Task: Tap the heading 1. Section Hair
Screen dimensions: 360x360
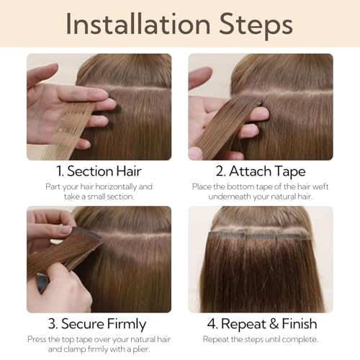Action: click(99, 172)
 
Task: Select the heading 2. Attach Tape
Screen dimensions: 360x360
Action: click(260, 172)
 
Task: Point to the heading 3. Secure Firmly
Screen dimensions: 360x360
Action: click(99, 323)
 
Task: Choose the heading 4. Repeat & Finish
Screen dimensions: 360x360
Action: click(260, 323)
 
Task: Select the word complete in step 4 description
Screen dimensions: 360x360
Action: click(299, 338)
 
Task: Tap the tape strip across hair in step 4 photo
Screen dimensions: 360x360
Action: click(261, 235)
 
